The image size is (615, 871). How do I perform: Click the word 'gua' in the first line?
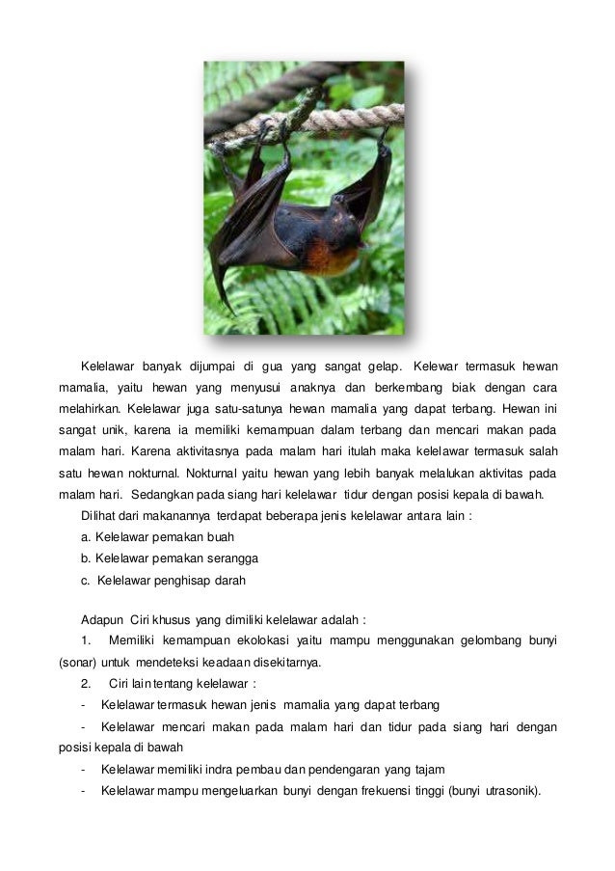(x=291, y=367)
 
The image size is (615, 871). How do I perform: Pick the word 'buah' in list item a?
(x=218, y=537)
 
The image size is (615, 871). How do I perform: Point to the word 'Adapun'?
(x=103, y=620)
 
